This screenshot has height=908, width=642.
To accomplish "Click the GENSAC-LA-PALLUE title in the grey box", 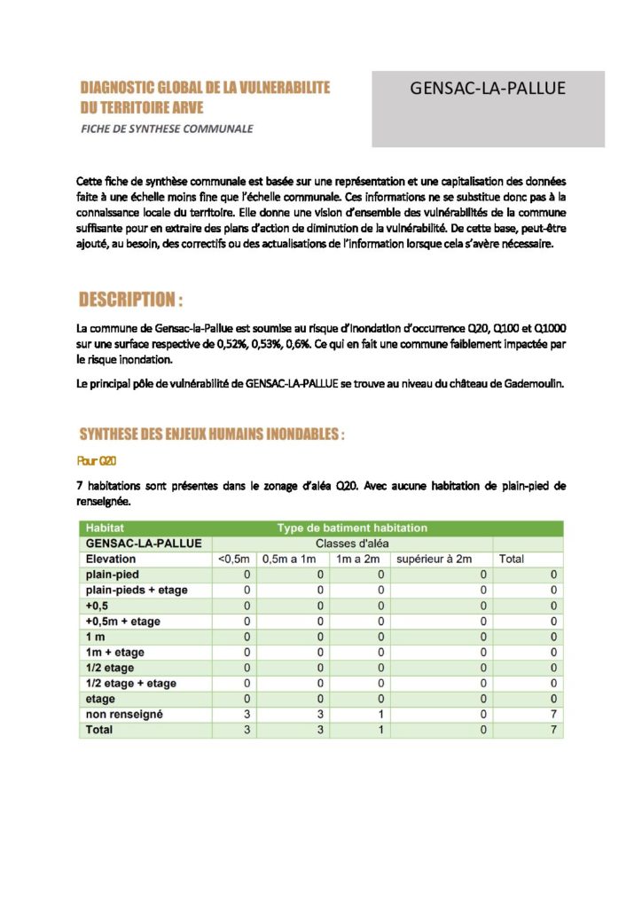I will pyautogui.click(x=488, y=89).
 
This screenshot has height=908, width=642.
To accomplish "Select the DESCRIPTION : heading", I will pyautogui.click(x=131, y=298).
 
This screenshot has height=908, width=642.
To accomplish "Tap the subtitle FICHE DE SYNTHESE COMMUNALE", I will pyautogui.click(x=167, y=129).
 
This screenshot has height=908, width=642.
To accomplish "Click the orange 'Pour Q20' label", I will pyautogui.click(x=97, y=461).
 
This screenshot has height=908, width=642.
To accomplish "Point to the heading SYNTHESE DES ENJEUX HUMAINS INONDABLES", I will pyautogui.click(x=211, y=434).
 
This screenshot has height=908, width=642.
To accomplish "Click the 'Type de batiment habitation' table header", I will pyautogui.click(x=352, y=528).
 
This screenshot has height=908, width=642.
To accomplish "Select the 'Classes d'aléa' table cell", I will pyautogui.click(x=352, y=544).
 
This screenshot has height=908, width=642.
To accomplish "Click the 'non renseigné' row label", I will pyautogui.click(x=124, y=715).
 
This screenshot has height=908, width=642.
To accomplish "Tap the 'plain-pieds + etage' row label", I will pyautogui.click(x=137, y=591).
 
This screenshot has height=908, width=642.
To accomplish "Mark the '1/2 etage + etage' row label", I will pyautogui.click(x=130, y=684).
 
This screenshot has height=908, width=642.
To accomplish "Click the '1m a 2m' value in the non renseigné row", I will pyautogui.click(x=380, y=715).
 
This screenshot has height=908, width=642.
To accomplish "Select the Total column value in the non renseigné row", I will pyautogui.click(x=552, y=715).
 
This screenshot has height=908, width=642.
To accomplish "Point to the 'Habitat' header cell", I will pyautogui.click(x=105, y=528).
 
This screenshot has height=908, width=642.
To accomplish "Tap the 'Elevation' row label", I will pyautogui.click(x=111, y=560).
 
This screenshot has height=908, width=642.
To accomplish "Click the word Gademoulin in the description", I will pyautogui.click(x=530, y=384).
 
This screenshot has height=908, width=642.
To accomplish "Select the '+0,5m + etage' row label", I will pyautogui.click(x=123, y=622).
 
